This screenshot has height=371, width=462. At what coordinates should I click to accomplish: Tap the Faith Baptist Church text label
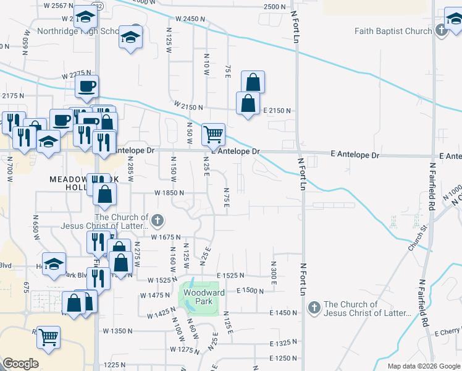393,31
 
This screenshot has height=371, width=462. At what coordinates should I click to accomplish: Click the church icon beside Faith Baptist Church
441,29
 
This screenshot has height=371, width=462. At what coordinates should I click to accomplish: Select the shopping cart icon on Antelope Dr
213,134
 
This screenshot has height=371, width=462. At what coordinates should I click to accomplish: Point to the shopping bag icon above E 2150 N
253,82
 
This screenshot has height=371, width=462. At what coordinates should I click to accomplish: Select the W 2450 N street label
190,20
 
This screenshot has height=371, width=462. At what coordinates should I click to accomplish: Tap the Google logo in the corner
20,364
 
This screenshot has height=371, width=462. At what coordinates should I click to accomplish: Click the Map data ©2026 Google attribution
424,366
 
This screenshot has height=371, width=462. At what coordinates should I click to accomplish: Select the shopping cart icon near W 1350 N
49,337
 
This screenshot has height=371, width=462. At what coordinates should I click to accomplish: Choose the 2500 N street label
275,6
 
